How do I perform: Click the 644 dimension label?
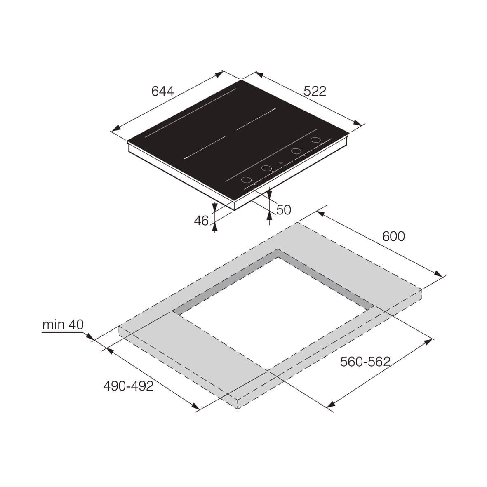pyautogui.click(x=162, y=91)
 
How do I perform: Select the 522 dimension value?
pyautogui.click(x=315, y=91)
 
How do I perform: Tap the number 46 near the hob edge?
pyautogui.click(x=201, y=221)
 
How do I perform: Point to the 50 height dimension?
pyautogui.click(x=283, y=210)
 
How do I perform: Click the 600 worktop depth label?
pyautogui.click(x=393, y=236)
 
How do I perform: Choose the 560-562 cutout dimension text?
pyautogui.click(x=365, y=362)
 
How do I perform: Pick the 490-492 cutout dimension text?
pyautogui.click(x=128, y=386)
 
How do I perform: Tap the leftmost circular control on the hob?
pyautogui.click(x=246, y=180)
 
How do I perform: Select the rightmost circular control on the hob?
pyautogui.click(x=316, y=140)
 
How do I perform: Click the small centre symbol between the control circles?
pyautogui.click(x=281, y=163)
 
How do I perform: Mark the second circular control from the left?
pyautogui.click(x=266, y=168)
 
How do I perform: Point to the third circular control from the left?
pyautogui.click(x=296, y=151)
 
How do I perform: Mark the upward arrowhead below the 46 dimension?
pyautogui.click(x=214, y=225)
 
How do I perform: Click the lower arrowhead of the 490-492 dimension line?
pyautogui.click(x=195, y=407)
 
